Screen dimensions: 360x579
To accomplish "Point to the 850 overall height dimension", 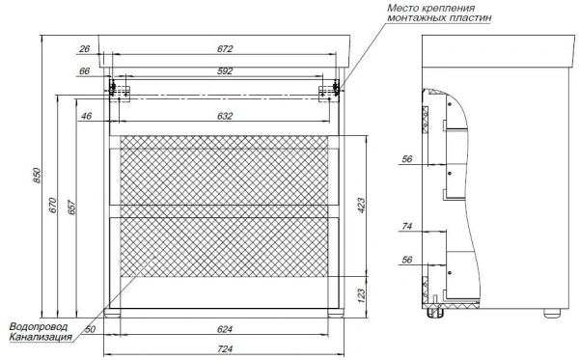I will coord(38,175).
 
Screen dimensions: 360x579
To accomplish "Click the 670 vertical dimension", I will coord(55,205).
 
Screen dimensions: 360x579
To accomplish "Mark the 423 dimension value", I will coord(360,205).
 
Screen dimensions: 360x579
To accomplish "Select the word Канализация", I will coord(39,338).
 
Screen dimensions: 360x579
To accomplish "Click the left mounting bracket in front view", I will coord(120,90).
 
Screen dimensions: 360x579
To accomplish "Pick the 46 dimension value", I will coord(86,116).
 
